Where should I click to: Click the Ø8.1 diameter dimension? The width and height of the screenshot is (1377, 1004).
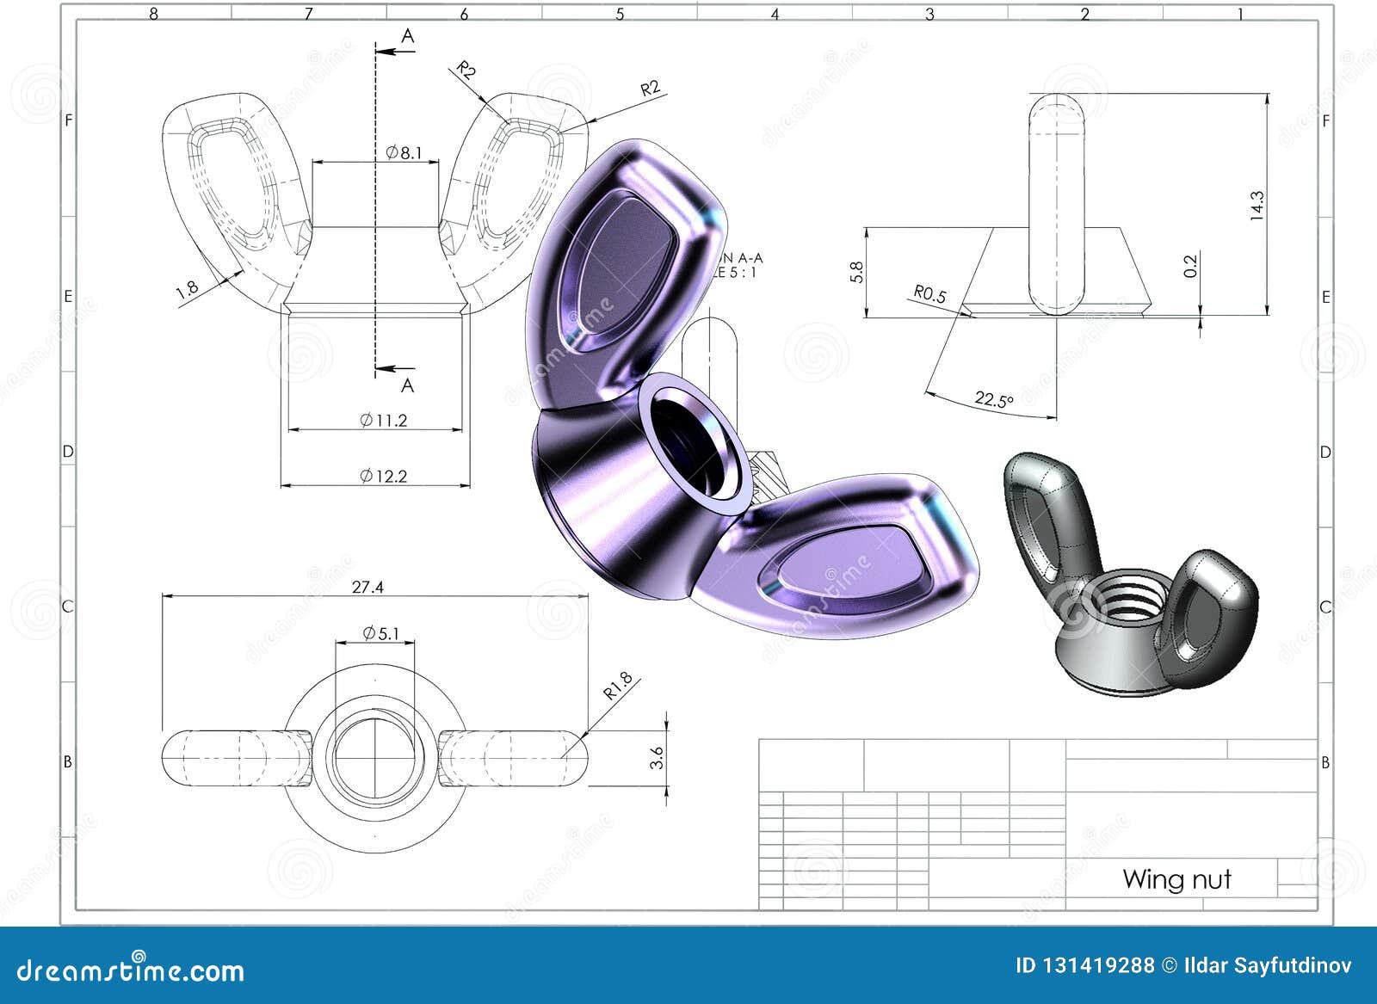(404, 153)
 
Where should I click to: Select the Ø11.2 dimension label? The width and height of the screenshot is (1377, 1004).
(384, 420)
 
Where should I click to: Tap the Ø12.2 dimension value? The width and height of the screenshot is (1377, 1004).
(384, 476)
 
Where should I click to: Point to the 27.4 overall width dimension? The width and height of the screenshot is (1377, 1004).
(367, 587)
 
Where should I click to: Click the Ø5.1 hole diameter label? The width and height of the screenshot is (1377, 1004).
(381, 634)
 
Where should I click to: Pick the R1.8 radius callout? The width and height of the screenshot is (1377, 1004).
(617, 686)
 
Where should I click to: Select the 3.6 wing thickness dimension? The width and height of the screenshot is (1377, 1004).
(658, 758)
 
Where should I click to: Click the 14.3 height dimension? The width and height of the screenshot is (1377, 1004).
(1257, 206)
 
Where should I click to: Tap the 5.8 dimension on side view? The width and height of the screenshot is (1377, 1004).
(855, 272)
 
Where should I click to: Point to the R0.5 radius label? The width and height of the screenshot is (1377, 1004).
(929, 294)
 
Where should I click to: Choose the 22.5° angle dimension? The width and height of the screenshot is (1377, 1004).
(994, 400)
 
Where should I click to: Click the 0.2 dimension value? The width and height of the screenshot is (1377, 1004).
(1190, 266)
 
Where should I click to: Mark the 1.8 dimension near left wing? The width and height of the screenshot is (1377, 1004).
(187, 289)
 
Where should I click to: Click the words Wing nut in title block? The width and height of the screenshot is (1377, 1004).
(1176, 879)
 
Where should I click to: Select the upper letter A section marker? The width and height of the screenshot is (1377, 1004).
(408, 35)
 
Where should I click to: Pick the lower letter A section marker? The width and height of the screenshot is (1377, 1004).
(407, 386)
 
